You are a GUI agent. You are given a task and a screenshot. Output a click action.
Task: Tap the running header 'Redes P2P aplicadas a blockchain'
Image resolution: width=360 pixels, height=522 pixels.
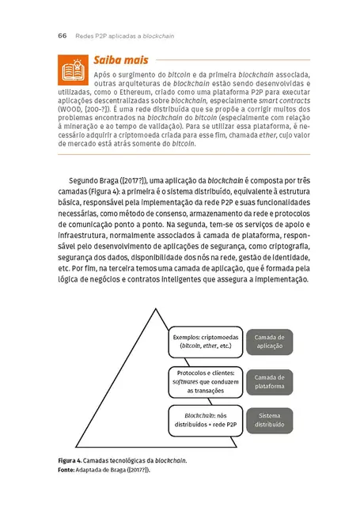(x=124, y=36)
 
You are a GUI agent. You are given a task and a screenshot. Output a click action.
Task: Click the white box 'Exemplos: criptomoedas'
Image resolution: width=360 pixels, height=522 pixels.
(x=205, y=342)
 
